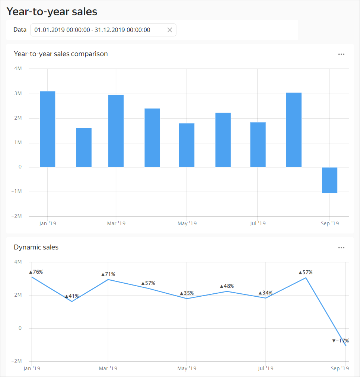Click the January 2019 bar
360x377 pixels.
[x=48, y=129]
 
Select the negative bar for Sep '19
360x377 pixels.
[x=329, y=180]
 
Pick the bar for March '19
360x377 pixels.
[x=116, y=131]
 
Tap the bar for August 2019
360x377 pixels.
[x=294, y=130]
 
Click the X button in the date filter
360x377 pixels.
[x=170, y=30]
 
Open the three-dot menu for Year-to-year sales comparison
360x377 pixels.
[x=341, y=54]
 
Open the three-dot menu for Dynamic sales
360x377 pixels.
[x=341, y=248]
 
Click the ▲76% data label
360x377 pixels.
[x=36, y=272]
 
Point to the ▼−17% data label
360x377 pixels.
[x=340, y=341]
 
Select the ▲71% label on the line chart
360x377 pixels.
[x=108, y=274]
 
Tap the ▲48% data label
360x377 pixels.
[x=227, y=286]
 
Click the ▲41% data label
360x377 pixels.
[x=72, y=296]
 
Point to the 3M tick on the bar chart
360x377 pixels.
[x=18, y=94]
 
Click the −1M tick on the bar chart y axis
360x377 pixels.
[x=17, y=191]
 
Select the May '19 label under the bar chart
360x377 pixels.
[x=187, y=223]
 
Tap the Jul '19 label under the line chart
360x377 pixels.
[x=265, y=368]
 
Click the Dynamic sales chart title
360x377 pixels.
[x=36, y=247]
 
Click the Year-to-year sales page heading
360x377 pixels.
[x=52, y=12]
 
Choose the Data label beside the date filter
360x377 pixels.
[x=20, y=30]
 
